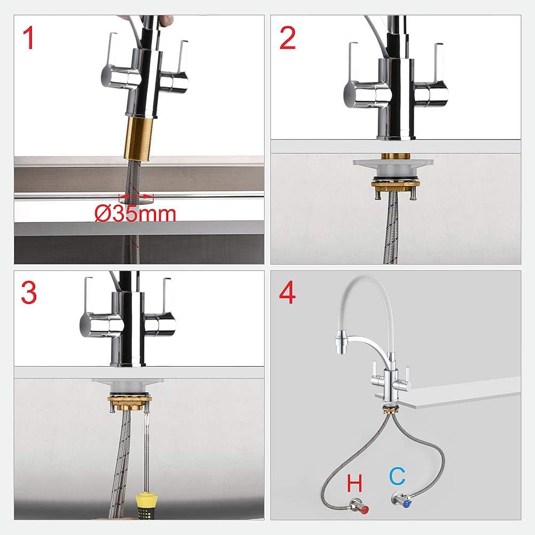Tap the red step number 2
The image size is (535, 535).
point(288,38)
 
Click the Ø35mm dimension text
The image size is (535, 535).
point(135,214)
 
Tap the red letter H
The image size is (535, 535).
point(354,484)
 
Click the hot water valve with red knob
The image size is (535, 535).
point(363,504)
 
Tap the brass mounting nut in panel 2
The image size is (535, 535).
point(396,185)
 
